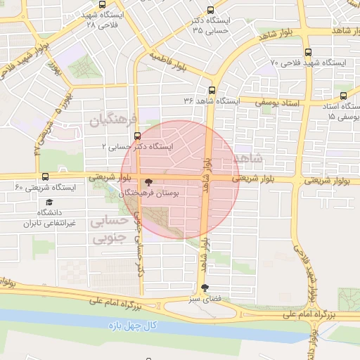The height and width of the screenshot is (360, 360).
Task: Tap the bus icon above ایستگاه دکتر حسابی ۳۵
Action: [211, 10]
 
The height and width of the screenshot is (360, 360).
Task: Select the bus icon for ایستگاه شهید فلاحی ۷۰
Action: [308, 52]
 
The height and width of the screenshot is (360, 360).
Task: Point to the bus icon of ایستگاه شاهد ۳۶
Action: [212, 90]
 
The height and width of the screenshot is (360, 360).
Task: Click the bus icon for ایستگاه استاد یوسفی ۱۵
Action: [343, 96]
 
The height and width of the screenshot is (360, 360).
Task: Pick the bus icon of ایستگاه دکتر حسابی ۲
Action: [136, 136]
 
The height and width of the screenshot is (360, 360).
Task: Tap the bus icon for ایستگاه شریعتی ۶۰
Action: [46, 177]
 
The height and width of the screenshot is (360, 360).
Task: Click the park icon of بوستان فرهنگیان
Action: [147, 182]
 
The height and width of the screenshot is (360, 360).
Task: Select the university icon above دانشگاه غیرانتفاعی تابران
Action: [49, 202]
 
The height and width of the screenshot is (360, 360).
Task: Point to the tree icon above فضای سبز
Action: [205, 288]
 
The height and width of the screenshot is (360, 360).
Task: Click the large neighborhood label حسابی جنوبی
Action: [110, 231]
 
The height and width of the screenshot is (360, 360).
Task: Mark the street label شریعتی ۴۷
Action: [43, 138]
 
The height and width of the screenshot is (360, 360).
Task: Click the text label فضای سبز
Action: [205, 298]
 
